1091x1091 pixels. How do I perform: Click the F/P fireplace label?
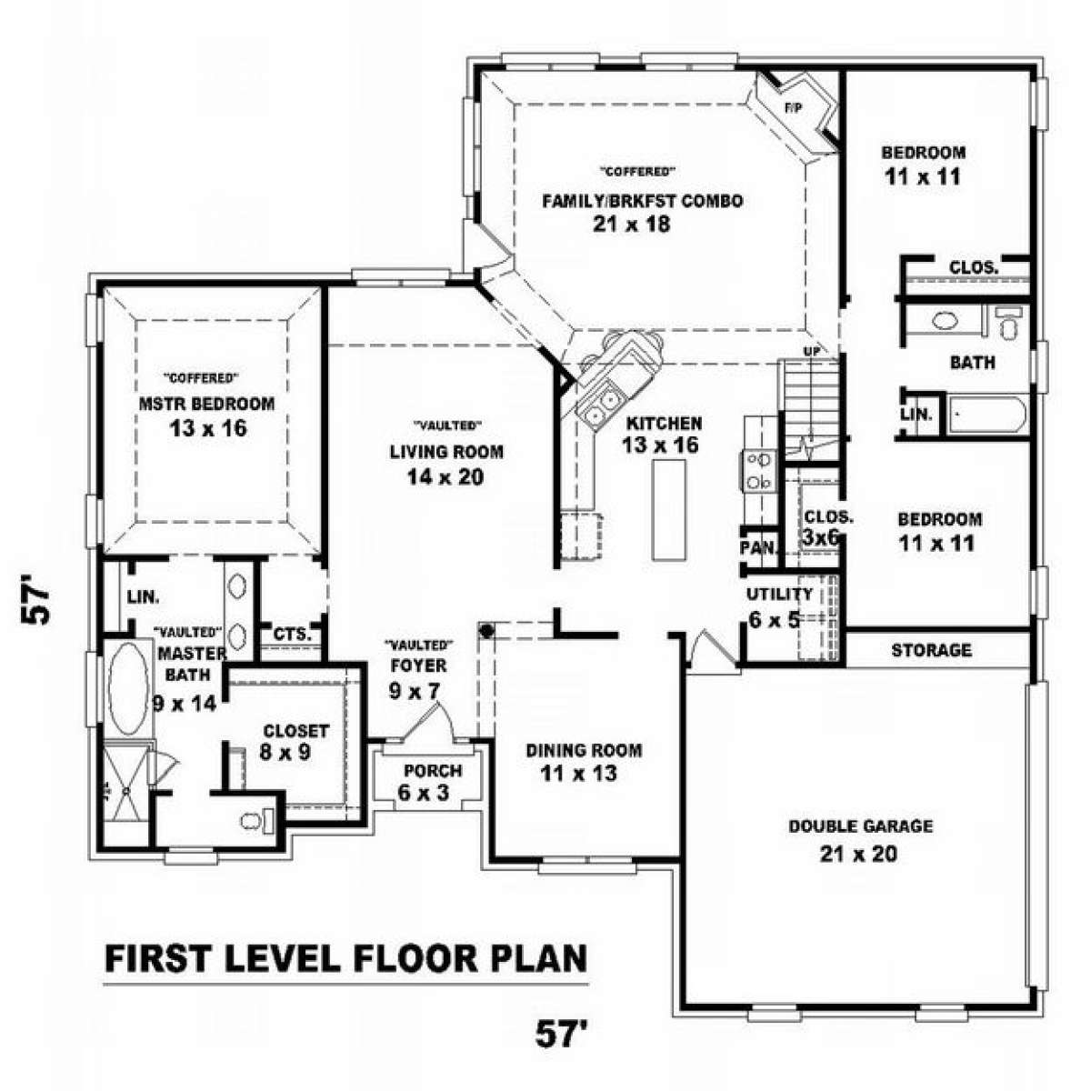794,109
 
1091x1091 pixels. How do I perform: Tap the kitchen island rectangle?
668,509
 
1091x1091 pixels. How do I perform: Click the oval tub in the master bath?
128,688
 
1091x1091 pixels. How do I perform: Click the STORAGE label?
931,650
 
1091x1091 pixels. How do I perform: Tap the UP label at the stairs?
812,352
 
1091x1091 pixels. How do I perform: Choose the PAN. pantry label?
758,547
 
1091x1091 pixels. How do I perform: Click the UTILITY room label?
779,595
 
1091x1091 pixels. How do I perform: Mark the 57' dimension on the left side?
35,600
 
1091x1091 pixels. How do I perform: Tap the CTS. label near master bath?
292,634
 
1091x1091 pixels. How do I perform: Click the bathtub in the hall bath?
986,415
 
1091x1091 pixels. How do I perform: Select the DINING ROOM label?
584,751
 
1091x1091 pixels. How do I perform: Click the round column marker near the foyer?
485,629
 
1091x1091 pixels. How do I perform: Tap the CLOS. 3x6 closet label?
828,526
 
